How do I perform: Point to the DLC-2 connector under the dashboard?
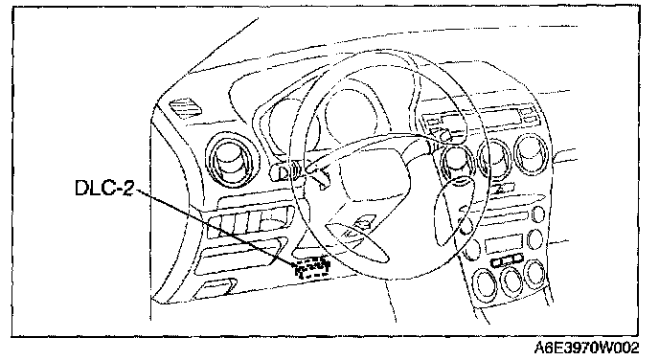[x=313, y=269]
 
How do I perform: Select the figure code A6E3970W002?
[x=587, y=349]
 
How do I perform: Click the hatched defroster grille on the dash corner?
[x=185, y=109]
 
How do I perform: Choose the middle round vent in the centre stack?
[x=494, y=158]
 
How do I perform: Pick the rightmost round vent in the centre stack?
[x=532, y=154]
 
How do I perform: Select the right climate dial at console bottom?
[x=535, y=274]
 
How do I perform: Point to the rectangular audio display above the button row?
[x=504, y=244]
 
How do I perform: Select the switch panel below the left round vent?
[x=248, y=220]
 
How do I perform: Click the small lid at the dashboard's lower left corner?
[x=216, y=288]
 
